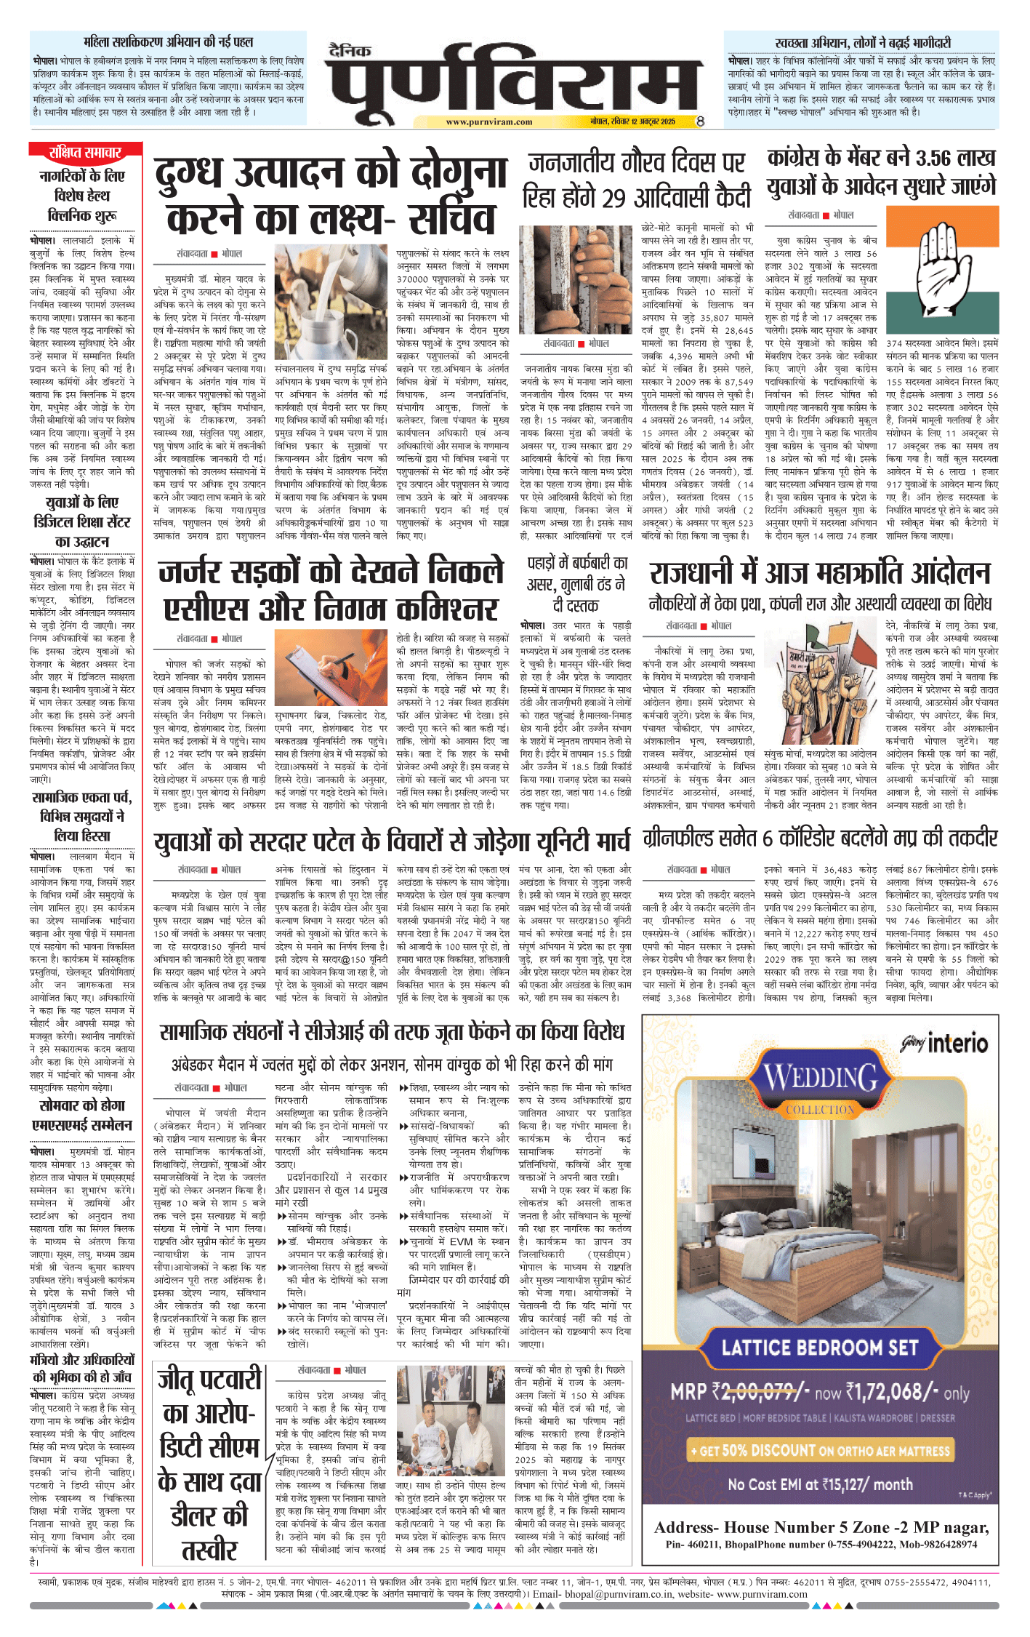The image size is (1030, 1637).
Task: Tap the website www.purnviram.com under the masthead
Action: click(x=489, y=122)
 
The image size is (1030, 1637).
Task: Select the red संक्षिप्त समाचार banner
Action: click(x=85, y=153)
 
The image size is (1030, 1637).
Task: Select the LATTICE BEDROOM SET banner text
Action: click(x=819, y=1348)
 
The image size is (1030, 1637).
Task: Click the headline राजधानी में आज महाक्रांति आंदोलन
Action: click(x=819, y=573)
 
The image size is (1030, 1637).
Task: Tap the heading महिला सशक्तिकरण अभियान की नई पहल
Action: click(x=168, y=42)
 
